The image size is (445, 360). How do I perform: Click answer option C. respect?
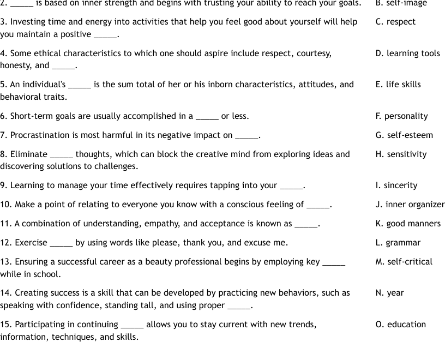click(x=395, y=22)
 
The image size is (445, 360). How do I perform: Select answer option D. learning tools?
click(x=407, y=53)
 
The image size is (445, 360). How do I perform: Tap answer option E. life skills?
click(x=398, y=85)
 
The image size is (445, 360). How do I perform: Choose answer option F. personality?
click(x=401, y=116)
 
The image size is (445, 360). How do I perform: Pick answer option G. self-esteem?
click(x=404, y=135)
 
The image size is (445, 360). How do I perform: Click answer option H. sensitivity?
click(x=401, y=154)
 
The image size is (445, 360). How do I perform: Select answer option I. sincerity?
click(x=396, y=185)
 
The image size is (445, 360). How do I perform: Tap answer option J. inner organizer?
click(x=410, y=205)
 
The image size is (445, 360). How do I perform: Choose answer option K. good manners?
click(x=408, y=224)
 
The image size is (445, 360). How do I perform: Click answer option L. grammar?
click(x=398, y=243)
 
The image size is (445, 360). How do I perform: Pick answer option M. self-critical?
click(x=404, y=262)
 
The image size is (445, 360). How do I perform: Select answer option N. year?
click(x=389, y=293)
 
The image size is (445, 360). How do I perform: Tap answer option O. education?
click(x=400, y=325)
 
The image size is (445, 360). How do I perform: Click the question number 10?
click(x=5, y=205)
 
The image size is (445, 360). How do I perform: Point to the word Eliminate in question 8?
click(x=29, y=154)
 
